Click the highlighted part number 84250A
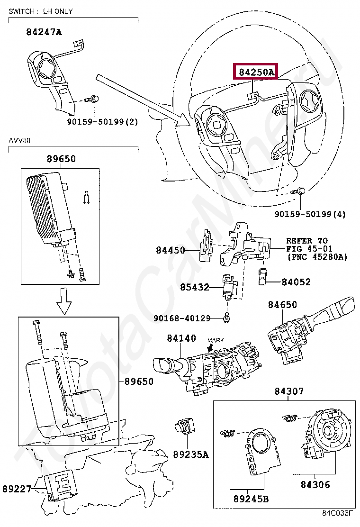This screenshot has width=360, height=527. (x=256, y=73)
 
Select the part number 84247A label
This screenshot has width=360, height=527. (x=44, y=32)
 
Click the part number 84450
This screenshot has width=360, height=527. (x=171, y=250)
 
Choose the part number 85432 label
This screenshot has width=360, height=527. (x=194, y=287)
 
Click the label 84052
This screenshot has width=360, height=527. (x=296, y=282)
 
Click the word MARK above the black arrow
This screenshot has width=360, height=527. (x=216, y=340)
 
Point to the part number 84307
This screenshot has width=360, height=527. (x=289, y=391)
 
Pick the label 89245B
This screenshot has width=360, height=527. (x=251, y=499)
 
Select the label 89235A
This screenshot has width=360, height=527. (x=190, y=454)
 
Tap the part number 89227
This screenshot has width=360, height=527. (x=17, y=489)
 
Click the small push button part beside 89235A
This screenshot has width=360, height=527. (x=182, y=427)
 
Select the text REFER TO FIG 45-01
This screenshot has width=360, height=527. (x=309, y=245)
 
